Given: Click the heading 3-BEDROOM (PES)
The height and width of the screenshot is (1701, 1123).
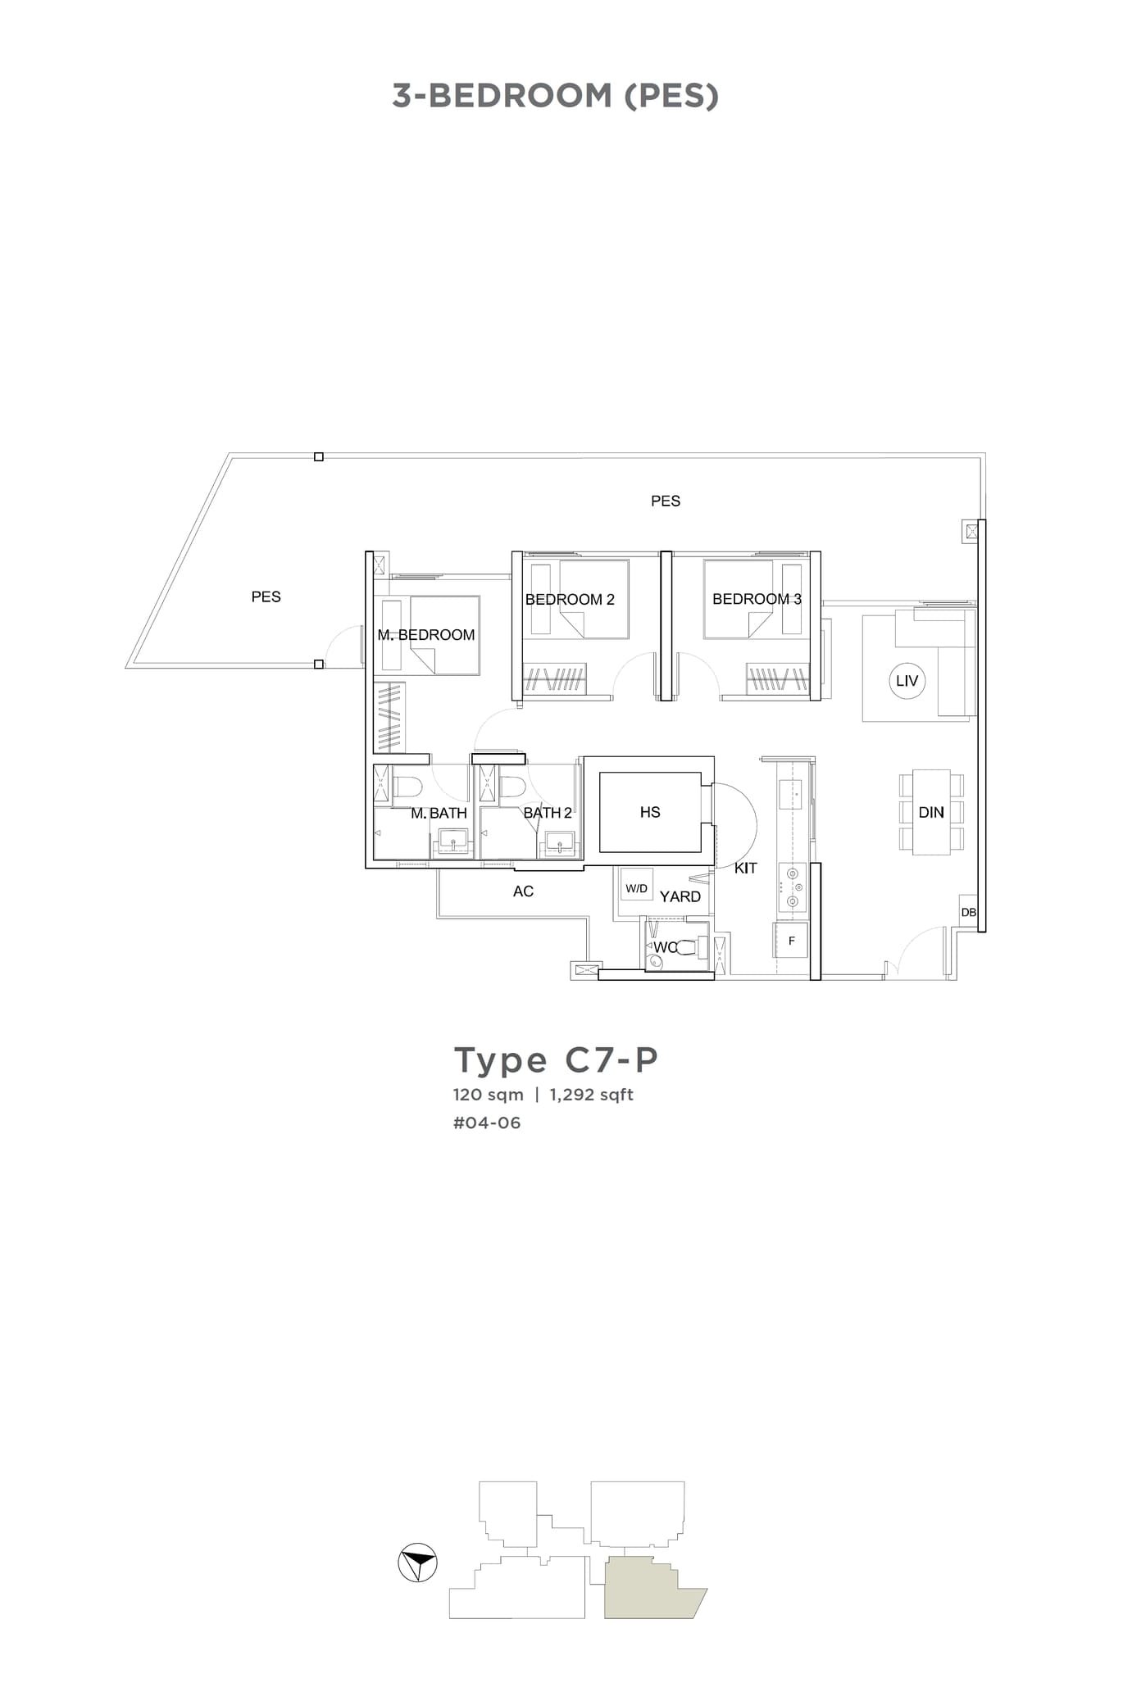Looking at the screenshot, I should (x=555, y=96).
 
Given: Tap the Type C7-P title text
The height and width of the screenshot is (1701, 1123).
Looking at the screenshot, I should (x=556, y=1059).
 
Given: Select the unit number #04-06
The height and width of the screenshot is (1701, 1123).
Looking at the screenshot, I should (x=487, y=1123).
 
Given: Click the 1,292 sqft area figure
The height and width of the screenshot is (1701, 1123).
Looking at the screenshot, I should (x=591, y=1095).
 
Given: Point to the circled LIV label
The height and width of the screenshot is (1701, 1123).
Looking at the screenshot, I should (x=907, y=681).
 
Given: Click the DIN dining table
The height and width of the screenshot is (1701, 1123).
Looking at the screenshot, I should (x=931, y=812).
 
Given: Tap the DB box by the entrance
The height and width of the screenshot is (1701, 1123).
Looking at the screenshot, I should (x=968, y=912).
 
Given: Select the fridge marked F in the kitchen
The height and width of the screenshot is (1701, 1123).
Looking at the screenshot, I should (x=791, y=941).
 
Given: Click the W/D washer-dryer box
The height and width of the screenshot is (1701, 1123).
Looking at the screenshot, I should (x=636, y=887).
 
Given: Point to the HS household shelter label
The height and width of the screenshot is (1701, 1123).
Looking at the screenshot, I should (x=650, y=812).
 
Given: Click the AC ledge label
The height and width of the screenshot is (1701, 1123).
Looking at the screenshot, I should (x=523, y=891).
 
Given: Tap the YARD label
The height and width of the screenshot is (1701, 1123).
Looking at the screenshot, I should (x=680, y=896).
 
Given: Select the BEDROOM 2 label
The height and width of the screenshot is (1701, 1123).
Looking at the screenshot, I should (x=570, y=599).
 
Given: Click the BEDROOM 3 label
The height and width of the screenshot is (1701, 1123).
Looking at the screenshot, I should (x=757, y=599).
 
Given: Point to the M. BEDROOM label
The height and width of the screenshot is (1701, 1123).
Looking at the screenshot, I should (x=426, y=635).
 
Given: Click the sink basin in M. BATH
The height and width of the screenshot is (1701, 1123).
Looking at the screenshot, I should (x=452, y=841).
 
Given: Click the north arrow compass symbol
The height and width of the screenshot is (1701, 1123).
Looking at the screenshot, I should (x=417, y=1563).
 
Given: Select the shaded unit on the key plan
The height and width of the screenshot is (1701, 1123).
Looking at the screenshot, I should (x=648, y=1590).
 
